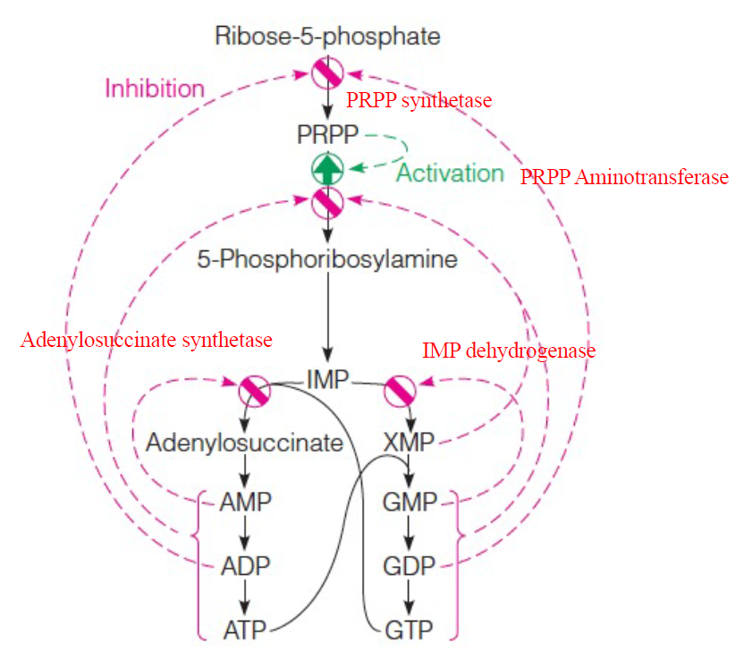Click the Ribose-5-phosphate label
(327, 37)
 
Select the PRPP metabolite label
(327, 134)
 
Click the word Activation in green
(450, 173)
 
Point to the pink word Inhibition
(155, 89)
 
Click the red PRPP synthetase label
(418, 100)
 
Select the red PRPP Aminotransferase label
(624, 177)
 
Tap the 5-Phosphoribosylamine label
(327, 260)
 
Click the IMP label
(327, 379)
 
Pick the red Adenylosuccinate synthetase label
(147, 340)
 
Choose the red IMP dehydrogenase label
(509, 351)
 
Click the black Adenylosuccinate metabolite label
(244, 442)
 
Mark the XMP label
(408, 442)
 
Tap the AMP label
(244, 503)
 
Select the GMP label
(409, 503)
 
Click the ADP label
(244, 566)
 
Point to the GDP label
(409, 566)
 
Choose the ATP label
(244, 630)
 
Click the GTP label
(409, 630)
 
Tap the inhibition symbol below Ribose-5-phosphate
(327, 72)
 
